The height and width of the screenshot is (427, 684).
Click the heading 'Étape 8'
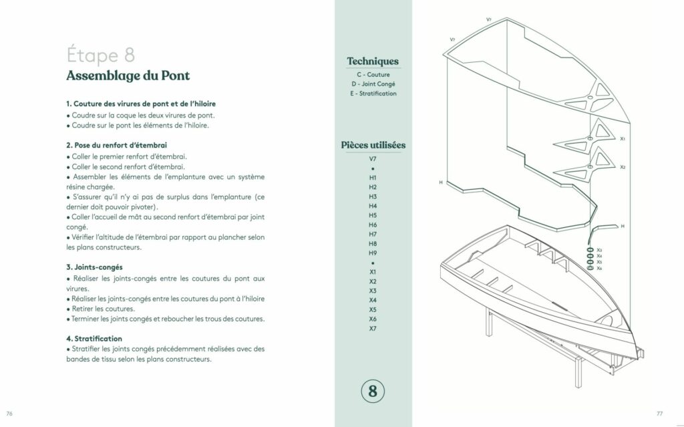point(101,55)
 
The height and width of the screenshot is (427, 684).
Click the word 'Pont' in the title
point(176,76)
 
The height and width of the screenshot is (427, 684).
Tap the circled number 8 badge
point(373,391)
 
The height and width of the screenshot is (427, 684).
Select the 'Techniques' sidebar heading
point(373,61)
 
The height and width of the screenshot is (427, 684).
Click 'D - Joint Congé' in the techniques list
point(373,84)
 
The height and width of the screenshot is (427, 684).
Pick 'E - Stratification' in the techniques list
point(373,94)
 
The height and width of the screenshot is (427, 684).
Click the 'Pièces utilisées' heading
point(373,145)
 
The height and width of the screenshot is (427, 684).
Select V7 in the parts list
point(373,159)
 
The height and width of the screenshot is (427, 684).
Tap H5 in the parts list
point(373,215)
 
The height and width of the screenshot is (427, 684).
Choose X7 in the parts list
point(373,328)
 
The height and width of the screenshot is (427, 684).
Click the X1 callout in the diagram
point(623,139)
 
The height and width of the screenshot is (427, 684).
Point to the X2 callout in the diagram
point(623,167)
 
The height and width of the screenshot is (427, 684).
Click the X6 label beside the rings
point(599,269)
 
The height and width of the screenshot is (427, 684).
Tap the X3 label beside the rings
point(599,250)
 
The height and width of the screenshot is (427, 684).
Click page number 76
point(9,414)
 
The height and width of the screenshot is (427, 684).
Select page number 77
point(659,414)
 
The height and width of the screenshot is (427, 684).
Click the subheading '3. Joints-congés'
point(94,267)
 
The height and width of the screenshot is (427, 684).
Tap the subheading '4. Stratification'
point(94,338)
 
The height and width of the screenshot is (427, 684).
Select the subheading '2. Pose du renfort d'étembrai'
point(116,145)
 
